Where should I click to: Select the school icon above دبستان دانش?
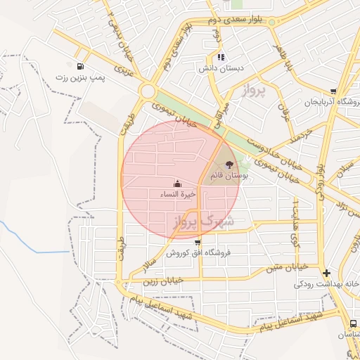[221, 57]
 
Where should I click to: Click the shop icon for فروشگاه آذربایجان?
[333, 91]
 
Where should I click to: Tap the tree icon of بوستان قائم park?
[229, 164]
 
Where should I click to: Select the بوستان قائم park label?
[229, 175]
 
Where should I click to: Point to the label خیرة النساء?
[177, 194]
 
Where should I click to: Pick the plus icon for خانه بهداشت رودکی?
[326, 273]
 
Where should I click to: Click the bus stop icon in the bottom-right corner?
[352, 323]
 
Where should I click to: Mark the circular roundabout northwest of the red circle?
[148, 91]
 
